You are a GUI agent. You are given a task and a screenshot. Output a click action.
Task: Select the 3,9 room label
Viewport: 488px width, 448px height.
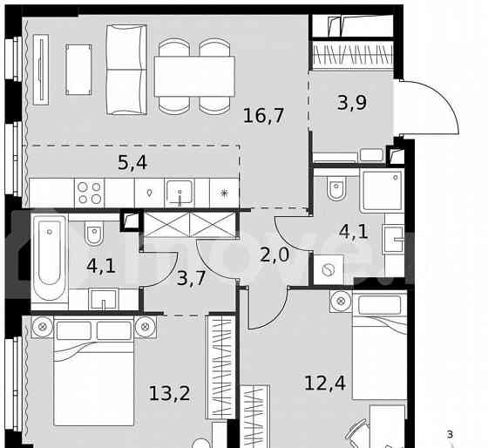click(353, 104)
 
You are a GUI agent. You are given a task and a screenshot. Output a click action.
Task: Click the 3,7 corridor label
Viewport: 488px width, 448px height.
click(191, 279)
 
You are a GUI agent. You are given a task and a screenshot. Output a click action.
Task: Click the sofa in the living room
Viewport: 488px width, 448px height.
click(126, 69)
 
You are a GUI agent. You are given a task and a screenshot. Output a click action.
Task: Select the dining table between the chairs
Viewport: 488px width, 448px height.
click(195, 69)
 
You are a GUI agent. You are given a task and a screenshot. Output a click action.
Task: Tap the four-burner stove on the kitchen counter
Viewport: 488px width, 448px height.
click(89, 191)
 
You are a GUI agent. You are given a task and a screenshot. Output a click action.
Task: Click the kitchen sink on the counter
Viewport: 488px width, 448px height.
click(181, 191)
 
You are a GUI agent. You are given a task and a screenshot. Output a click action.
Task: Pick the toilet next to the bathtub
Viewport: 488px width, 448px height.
click(95, 234)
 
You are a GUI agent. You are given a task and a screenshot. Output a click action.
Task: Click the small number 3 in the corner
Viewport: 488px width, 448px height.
click(450, 434)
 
